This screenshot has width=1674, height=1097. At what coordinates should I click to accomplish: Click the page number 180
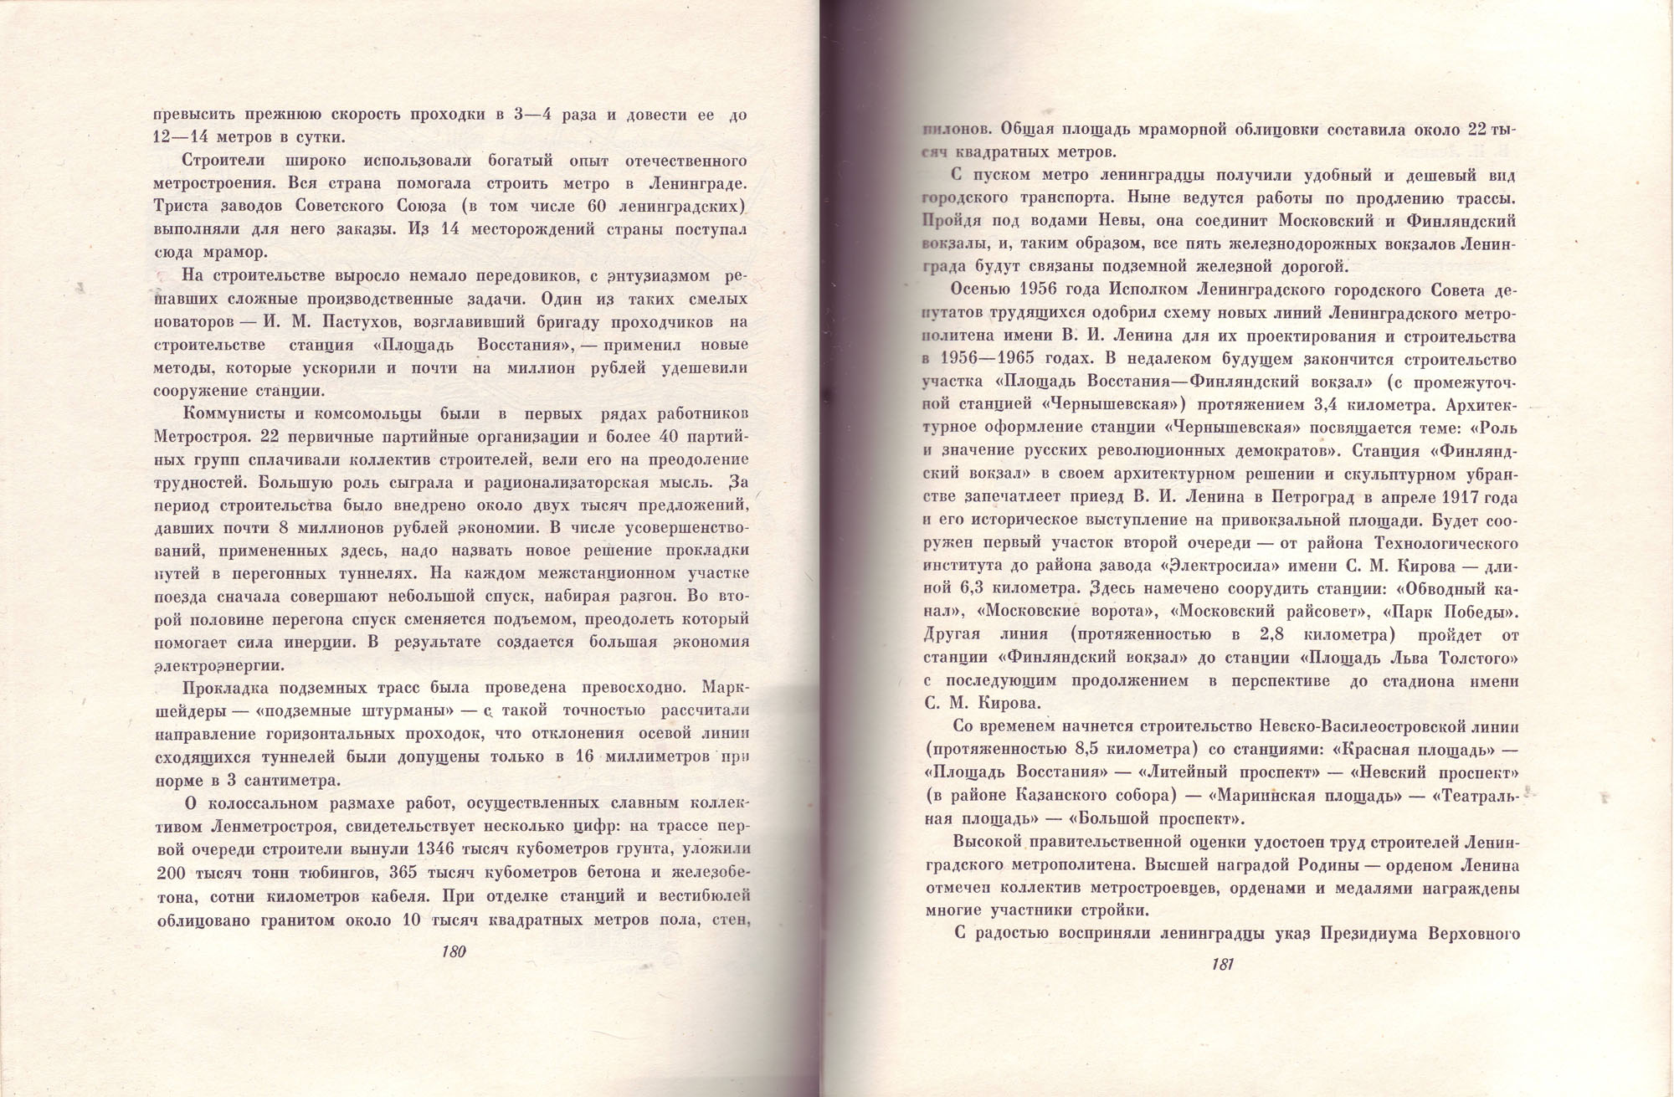[x=453, y=952]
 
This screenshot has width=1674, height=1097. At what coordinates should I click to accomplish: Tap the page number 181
[x=1223, y=964]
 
